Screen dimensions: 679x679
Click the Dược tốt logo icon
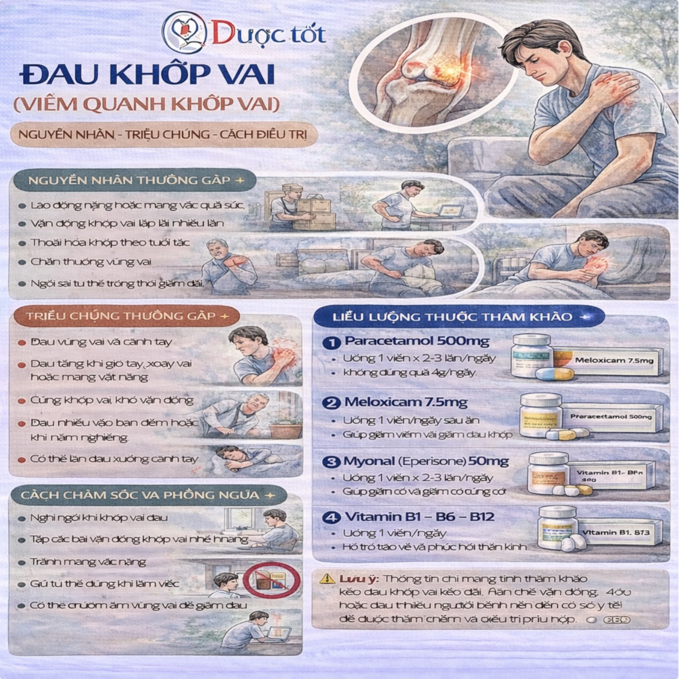click(185, 33)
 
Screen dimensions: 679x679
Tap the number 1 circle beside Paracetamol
click(329, 343)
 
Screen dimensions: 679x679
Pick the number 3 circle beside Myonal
click(330, 462)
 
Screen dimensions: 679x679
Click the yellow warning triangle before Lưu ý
click(326, 579)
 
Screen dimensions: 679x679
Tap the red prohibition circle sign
click(271, 579)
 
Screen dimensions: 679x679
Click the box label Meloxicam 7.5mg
click(614, 360)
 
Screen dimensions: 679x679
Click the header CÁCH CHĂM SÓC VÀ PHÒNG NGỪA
click(140, 495)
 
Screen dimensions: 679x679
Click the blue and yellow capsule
click(554, 373)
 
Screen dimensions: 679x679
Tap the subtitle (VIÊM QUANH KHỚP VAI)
click(147, 104)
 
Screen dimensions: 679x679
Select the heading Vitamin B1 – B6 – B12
click(419, 516)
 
